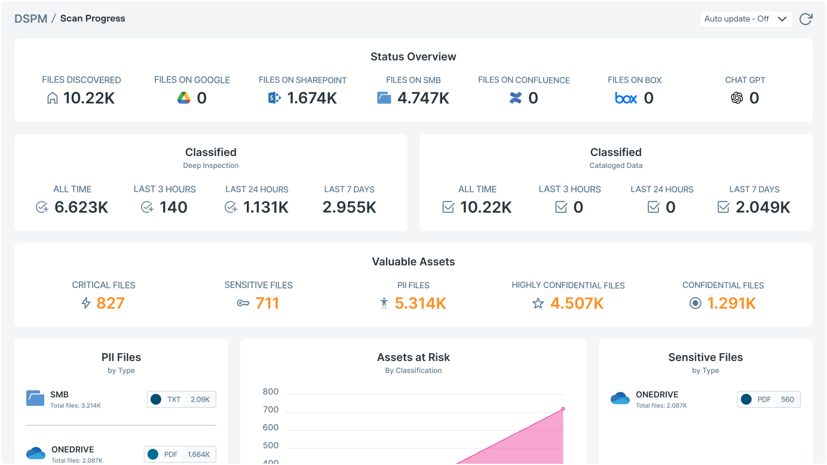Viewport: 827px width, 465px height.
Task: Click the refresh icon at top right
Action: [805, 19]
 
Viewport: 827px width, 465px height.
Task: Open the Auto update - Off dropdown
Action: [746, 19]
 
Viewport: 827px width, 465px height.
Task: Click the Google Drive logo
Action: [184, 98]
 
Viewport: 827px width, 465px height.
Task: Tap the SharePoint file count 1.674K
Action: [312, 98]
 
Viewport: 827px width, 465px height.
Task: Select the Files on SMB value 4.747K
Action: [423, 98]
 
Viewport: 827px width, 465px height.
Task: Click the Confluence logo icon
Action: [516, 98]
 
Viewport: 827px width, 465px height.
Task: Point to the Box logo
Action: [626, 98]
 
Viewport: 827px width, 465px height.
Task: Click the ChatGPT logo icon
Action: [737, 98]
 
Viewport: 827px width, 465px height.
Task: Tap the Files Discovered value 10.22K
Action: [89, 98]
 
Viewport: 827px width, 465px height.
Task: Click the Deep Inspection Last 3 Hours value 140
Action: [174, 207]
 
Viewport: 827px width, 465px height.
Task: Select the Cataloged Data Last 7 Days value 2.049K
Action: [763, 207]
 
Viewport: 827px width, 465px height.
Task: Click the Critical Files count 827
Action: [111, 303]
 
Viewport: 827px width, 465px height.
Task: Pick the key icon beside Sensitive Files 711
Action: [243, 304]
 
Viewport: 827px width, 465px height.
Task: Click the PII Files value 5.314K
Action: [421, 303]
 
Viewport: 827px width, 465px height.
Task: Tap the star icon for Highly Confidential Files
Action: [538, 304]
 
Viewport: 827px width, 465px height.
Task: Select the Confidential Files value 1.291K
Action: [731, 303]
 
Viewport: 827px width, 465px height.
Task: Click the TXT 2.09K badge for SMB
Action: [182, 399]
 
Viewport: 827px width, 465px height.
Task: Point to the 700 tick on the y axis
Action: [271, 409]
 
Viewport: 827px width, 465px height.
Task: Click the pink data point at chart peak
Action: [563, 409]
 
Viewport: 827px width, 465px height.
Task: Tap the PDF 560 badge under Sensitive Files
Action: [768, 399]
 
